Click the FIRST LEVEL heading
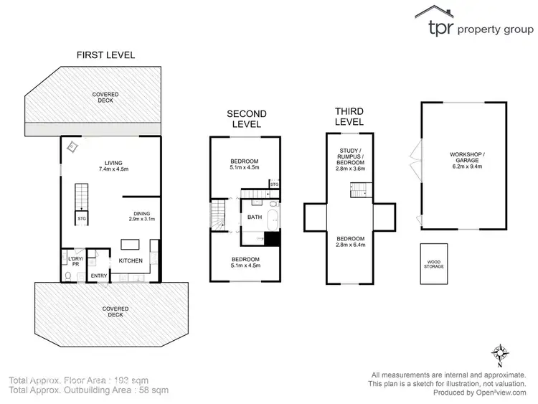pos(106,55)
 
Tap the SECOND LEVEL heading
pos(246,118)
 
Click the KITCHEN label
pos(130,260)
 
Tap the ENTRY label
pos(98,275)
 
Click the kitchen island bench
pos(130,243)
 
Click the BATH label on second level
pos(255,217)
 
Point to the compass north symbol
pos(499,353)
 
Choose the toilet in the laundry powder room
pos(67,275)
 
